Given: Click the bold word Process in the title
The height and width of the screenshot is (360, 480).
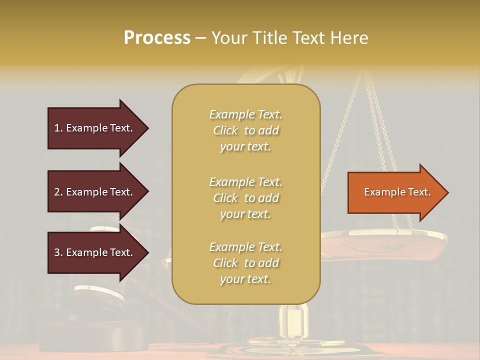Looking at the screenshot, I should point(157,38).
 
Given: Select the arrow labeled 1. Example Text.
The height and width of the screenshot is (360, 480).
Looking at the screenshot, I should point(95,128).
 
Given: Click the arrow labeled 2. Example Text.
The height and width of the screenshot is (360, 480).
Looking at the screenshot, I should point(95,192).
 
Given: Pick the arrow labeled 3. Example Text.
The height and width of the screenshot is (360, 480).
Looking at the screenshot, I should point(95,252).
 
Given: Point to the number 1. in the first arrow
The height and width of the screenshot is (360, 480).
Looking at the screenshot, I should point(58,128).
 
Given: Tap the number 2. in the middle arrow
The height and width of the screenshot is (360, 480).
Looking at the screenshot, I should point(58,192).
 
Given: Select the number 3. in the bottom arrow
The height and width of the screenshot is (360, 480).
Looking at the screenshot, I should point(58,252).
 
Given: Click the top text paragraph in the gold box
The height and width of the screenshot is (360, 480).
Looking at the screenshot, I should point(245,130).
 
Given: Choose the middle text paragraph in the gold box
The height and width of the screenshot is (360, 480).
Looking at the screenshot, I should point(245,198).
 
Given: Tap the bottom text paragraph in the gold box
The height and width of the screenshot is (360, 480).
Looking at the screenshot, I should point(245,263).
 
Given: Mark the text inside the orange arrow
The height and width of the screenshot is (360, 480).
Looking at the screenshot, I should point(397,192).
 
